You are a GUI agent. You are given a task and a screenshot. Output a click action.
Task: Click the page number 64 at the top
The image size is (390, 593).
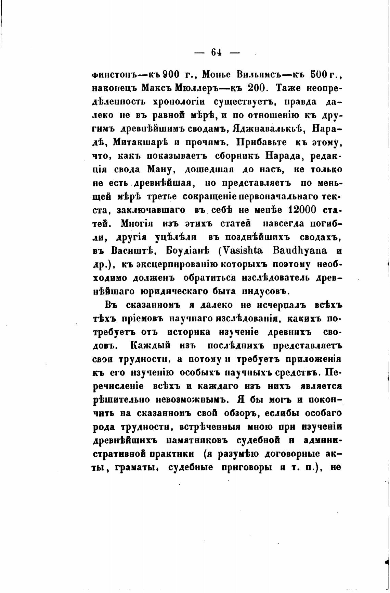tap(217, 52)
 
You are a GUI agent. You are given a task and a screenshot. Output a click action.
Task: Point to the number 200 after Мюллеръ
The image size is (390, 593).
tap(251, 88)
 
